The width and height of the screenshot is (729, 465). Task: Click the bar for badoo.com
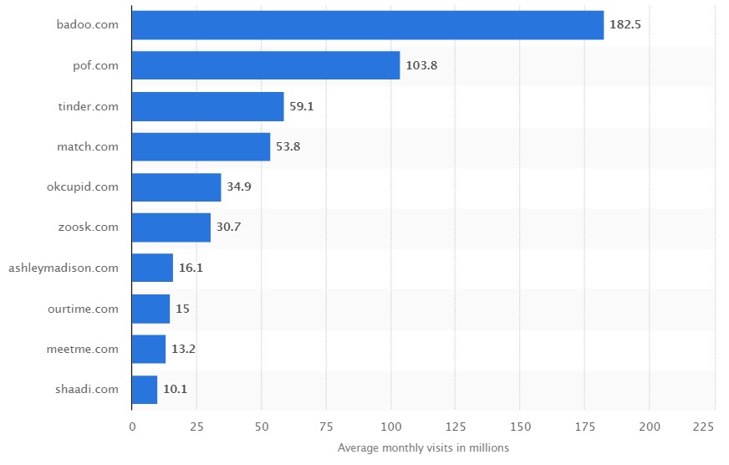pos(367,25)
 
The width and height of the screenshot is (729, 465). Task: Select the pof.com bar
pos(266,65)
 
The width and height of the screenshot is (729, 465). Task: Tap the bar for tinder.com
pos(207,106)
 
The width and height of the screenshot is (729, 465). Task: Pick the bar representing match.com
pos(201,146)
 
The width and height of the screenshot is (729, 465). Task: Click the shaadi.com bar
pos(145,390)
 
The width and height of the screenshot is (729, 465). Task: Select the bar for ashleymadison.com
pos(152,268)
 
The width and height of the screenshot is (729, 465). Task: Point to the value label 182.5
pos(625,25)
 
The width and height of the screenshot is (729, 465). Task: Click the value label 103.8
pos(421,65)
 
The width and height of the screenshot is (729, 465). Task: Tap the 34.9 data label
pos(238,187)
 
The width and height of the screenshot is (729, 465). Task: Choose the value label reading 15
pos(182,309)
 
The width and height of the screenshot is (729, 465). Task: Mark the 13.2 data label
pos(183,349)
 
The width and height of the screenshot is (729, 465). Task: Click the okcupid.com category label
pos(83,187)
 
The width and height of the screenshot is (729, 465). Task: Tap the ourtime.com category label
pos(84,309)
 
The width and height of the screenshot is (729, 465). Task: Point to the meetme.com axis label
pos(83,349)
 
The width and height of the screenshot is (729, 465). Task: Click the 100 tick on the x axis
pos(390,427)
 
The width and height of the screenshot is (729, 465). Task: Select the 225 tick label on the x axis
pos(703,427)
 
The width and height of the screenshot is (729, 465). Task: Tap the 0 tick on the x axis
pos(132,427)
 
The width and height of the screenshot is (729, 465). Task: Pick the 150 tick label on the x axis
pos(520,427)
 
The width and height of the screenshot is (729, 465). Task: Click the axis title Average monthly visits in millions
pos(423,448)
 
